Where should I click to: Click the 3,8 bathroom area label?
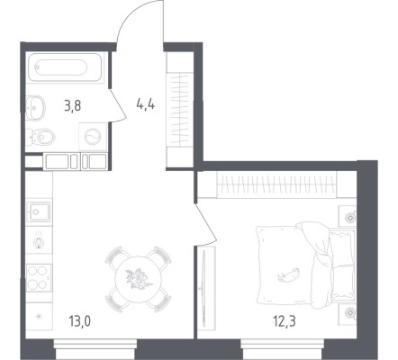pyautogui.click(x=73, y=106)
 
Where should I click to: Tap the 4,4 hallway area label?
pyautogui.click(x=146, y=104)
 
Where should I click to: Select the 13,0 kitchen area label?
pyautogui.click(x=79, y=321)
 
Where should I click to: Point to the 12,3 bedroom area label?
pyautogui.click(x=285, y=321)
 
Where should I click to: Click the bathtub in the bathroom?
pyautogui.click(x=65, y=67)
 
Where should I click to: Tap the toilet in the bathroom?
pyautogui.click(x=41, y=137)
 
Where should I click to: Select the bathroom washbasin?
pyautogui.click(x=35, y=107)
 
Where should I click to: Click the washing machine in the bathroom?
pyautogui.click(x=93, y=137)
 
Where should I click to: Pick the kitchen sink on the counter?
pyautogui.click(x=39, y=211)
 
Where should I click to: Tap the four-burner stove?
pyautogui.click(x=39, y=278)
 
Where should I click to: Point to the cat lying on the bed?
pyautogui.click(x=288, y=274)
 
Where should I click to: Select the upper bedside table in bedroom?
pyautogui.click(x=348, y=216)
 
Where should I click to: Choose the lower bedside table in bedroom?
pyautogui.click(x=348, y=314)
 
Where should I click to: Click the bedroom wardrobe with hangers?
pyautogui.click(x=276, y=185)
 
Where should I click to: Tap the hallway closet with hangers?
pyautogui.click(x=179, y=110)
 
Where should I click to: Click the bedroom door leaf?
pyautogui.click(x=206, y=223)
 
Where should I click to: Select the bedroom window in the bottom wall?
pyautogui.click(x=282, y=348)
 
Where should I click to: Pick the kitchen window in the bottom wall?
pyautogui.click(x=95, y=348)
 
